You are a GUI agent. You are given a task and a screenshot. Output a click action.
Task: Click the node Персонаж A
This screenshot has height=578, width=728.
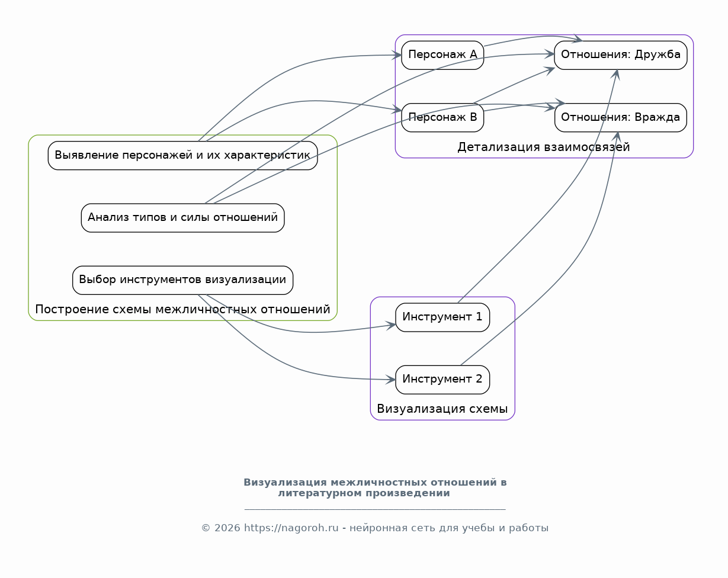[442, 55]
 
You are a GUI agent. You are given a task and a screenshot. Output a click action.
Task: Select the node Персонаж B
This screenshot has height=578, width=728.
[442, 117]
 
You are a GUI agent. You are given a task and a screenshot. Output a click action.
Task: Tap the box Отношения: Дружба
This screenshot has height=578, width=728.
[620, 55]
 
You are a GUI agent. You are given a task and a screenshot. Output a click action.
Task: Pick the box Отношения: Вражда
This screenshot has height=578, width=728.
[620, 117]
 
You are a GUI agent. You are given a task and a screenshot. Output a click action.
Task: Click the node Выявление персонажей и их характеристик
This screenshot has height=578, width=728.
[182, 156]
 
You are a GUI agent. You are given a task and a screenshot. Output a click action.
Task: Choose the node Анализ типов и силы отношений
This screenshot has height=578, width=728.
[182, 218]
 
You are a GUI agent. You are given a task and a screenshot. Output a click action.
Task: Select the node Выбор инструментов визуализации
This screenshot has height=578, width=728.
[182, 280]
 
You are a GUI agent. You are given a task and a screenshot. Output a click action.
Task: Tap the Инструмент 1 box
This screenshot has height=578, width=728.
[442, 317]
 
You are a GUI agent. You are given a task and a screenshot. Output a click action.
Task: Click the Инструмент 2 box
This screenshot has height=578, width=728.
[442, 380]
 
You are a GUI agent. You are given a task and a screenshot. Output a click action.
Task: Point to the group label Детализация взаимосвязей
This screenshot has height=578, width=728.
[543, 147]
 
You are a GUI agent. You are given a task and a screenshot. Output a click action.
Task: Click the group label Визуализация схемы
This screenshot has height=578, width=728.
[442, 409]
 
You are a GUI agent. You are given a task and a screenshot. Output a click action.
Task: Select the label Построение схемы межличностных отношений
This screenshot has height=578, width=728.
[182, 309]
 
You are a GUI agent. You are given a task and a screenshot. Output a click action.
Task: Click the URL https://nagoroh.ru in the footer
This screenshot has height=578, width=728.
[291, 528]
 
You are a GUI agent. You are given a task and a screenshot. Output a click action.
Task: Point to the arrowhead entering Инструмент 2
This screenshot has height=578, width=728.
[391, 380]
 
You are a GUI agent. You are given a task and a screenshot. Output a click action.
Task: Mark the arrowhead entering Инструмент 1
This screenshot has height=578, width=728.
[392, 326]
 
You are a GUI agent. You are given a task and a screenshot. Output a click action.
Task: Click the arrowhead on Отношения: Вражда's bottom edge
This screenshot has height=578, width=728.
[617, 137]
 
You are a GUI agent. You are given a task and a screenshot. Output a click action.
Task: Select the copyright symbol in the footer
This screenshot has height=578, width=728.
[206, 528]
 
